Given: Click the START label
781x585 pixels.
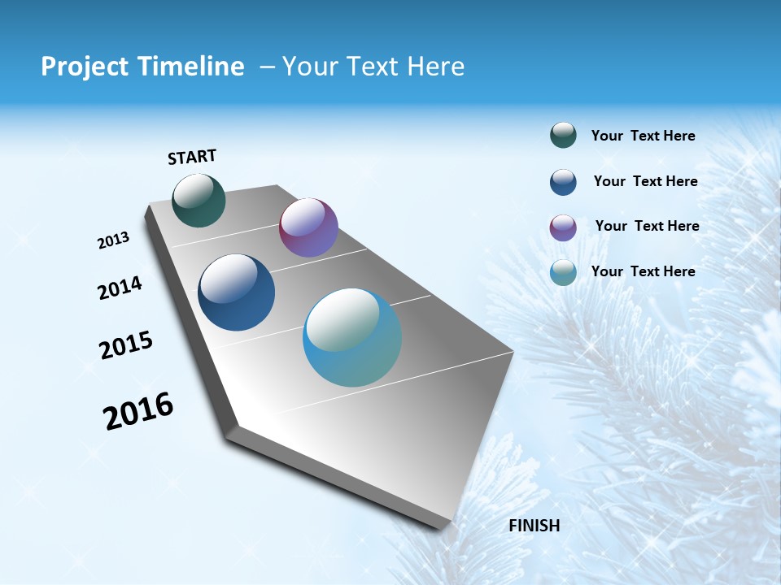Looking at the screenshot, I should tap(192, 157).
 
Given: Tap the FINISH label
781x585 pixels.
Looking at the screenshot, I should tap(534, 526).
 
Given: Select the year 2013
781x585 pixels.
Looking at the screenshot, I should tap(113, 240).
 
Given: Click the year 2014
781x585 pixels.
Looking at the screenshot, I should tap(120, 288).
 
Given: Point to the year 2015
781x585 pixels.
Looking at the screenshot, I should tap(126, 345).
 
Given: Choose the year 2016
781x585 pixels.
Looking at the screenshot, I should tap(138, 411).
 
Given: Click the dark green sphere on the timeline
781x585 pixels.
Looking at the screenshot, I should tap(199, 201).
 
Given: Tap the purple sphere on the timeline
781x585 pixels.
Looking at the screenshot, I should tap(308, 227).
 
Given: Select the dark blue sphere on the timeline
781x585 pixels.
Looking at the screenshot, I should tap(237, 292).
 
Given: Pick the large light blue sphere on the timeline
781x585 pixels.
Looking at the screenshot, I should tap(352, 337).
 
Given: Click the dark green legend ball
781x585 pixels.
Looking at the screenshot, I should tap(563, 136).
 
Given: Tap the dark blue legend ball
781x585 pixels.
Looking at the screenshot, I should tap(563, 182).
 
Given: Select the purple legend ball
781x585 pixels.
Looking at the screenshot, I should tap(563, 227).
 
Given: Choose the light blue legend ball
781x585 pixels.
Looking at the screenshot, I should tap(563, 272).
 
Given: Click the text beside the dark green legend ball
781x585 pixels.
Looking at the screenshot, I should tap(643, 136).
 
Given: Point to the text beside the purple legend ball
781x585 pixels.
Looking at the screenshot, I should tap(647, 226).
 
